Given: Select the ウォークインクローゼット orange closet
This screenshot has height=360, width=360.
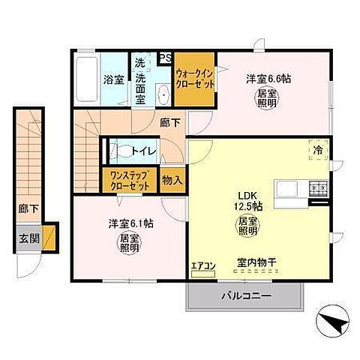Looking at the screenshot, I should tap(195, 78).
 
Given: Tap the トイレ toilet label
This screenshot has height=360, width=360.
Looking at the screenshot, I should tap(142, 151).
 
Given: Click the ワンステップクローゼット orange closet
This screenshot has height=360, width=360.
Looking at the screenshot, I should tap(129, 180).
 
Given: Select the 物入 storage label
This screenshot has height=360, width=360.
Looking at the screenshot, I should tap(172, 180).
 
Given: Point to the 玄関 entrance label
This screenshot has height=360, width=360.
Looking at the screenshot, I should tap(28, 241).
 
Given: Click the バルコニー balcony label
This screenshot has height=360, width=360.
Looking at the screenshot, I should tap(245, 295).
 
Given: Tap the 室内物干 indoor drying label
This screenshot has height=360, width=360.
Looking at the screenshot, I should tap(256, 262).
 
